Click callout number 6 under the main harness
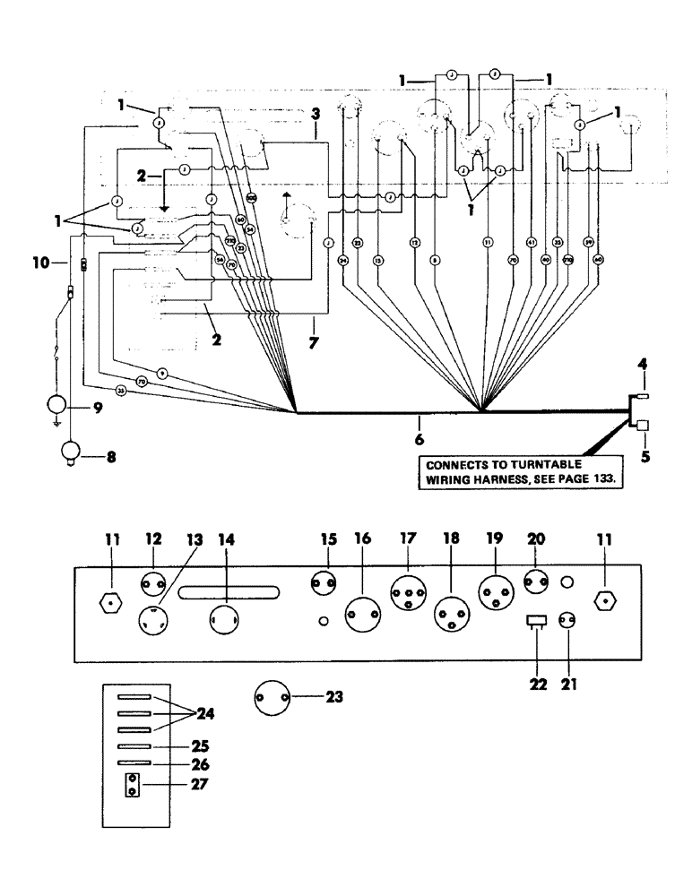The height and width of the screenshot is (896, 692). [x=419, y=440]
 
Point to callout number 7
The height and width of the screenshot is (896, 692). [x=314, y=343]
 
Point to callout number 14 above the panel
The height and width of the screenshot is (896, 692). [x=225, y=542]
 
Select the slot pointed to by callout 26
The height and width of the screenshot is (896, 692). [x=132, y=763]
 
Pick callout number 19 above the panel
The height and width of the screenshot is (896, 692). [x=494, y=542]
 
